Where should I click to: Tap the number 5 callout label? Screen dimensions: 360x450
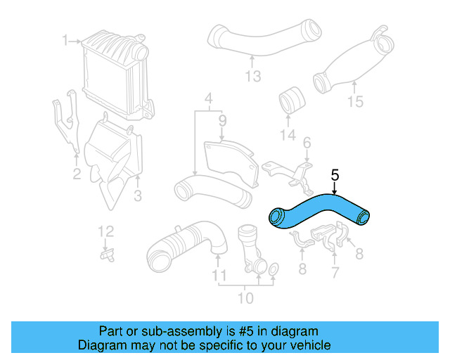(x=335, y=174)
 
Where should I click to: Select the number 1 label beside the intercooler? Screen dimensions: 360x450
(x=65, y=41)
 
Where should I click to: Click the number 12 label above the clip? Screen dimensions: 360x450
(x=104, y=231)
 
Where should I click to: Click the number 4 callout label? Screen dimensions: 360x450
(x=208, y=98)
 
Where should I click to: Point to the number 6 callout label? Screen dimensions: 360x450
(x=307, y=143)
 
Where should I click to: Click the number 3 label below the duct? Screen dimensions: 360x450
(x=138, y=194)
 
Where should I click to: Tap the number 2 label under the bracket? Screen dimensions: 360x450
(x=77, y=174)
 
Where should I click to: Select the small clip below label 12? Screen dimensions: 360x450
(x=107, y=254)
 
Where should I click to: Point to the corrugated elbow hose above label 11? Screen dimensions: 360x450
(x=184, y=243)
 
